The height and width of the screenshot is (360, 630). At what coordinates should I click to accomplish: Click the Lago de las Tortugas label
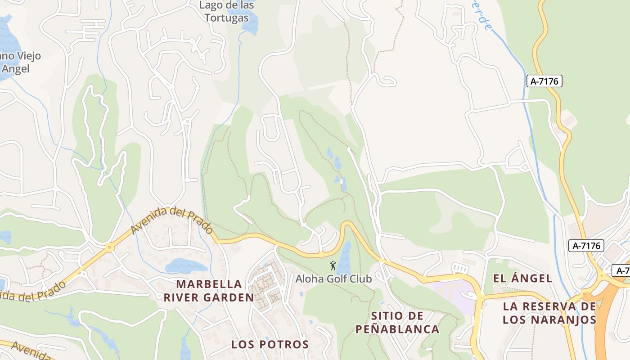(226, 12)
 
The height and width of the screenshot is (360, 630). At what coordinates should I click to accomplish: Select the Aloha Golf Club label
(333, 279)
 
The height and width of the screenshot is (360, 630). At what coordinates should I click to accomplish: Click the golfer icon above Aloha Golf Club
(333, 265)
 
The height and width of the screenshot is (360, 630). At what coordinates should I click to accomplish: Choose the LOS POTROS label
(270, 345)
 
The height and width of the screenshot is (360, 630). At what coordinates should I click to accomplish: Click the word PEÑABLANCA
(397, 329)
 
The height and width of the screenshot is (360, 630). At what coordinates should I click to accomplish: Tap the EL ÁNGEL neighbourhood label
(522, 278)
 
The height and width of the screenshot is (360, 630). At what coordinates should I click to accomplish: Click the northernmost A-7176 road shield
(544, 81)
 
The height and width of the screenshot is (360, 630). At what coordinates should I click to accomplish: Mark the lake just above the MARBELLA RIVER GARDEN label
(185, 266)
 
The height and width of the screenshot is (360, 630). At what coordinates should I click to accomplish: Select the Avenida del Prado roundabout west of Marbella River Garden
(109, 247)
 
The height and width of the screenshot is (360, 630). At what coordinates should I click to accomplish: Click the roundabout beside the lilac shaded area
(481, 297)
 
